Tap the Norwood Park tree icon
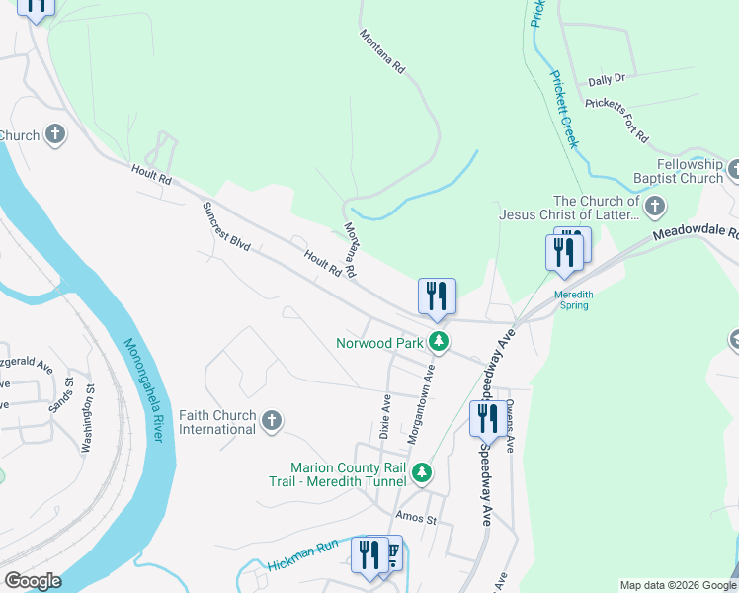click(x=439, y=343)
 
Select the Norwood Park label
click(x=378, y=343)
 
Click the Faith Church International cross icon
click(x=272, y=423)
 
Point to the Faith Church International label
click(x=217, y=423)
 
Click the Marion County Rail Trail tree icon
click(x=422, y=474)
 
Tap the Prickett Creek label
click(x=564, y=109)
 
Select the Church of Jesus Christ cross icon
click(x=655, y=207)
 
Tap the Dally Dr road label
click(x=607, y=79)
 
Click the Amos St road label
click(x=415, y=518)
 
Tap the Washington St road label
click(x=90, y=432)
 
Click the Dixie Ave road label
click(x=385, y=416)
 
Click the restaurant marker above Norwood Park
click(x=437, y=296)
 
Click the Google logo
click(x=33, y=581)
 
